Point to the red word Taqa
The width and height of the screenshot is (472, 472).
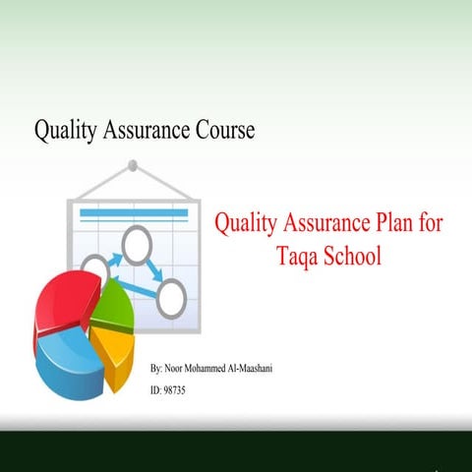pos(296,257)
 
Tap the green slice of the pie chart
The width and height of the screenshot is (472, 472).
pos(113,308)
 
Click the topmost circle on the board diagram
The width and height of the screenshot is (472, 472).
pos(136,243)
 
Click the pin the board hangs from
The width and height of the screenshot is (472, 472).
pos(136,165)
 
